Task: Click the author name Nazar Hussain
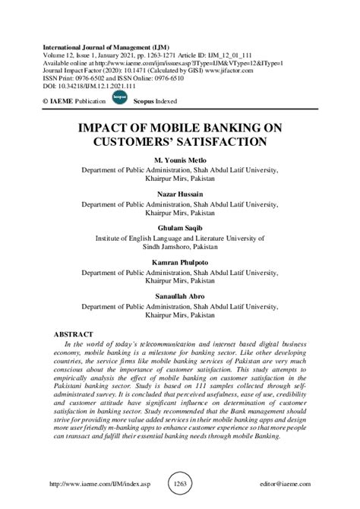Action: [180, 194]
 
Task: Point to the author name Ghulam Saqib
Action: [180, 227]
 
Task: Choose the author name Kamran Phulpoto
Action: [180, 260]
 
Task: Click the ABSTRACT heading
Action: [74, 334]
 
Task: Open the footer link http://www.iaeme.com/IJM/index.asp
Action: [96, 484]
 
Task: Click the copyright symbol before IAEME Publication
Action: [47, 100]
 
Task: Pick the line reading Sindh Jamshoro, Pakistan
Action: [180, 248]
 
